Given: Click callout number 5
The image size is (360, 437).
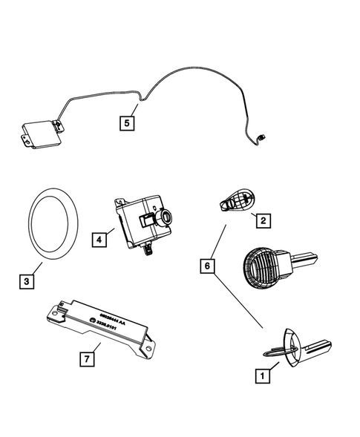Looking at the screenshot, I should tap(128, 123).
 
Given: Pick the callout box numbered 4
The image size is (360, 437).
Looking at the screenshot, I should tap(99, 239).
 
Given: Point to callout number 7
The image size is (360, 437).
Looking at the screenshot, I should tap(88, 359).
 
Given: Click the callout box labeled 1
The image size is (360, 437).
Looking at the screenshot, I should tap(261, 376).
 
